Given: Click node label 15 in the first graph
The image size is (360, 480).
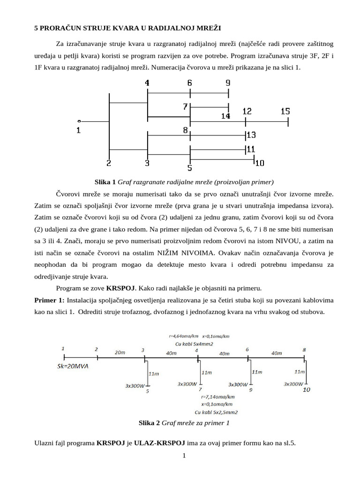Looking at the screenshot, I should point(285,112).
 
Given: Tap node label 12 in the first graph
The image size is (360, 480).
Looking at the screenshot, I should point(247,112).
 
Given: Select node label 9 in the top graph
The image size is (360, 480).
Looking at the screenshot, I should point(228,83).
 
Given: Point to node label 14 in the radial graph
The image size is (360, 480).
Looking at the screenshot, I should point(225,116).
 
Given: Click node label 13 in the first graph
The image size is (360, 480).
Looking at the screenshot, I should point(251,135).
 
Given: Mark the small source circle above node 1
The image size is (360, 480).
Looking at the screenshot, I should point(79,120).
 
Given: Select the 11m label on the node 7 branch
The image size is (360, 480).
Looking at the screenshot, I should point(206,373).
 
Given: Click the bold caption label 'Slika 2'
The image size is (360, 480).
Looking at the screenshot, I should point(150,423).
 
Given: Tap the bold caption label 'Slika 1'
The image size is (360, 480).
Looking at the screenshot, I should point(105,181).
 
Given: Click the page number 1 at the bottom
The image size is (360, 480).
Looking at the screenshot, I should point(185,455).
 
